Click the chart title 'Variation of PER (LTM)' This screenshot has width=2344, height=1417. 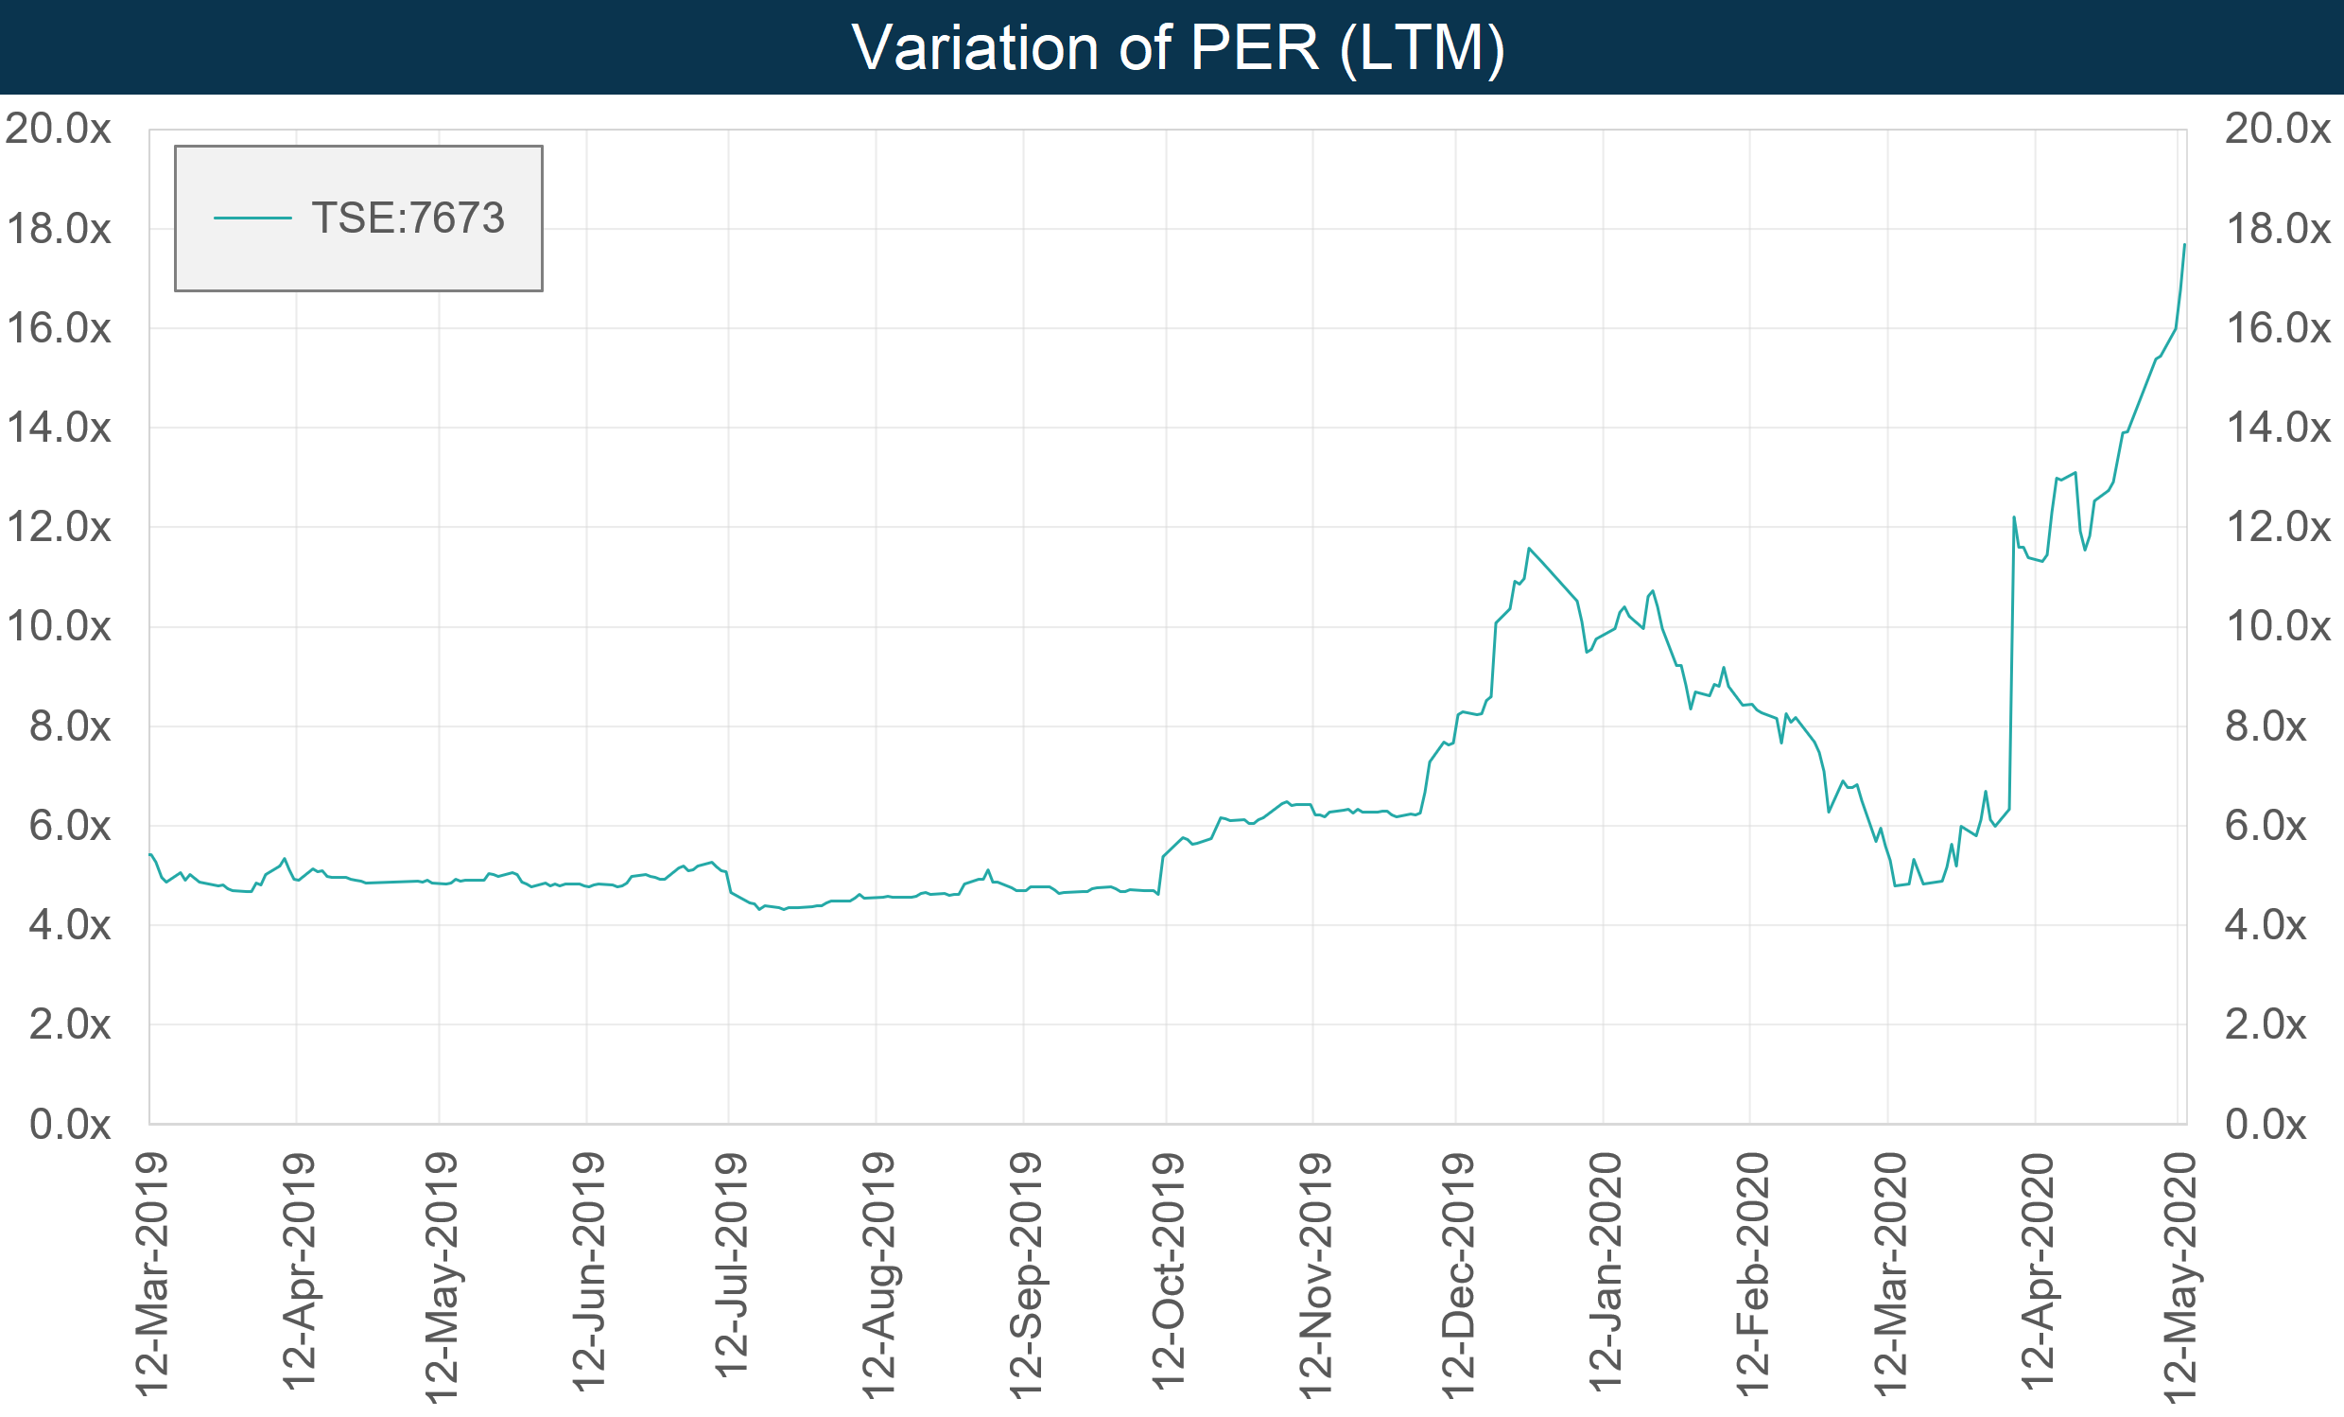[x=1178, y=47]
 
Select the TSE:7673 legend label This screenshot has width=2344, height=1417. [x=408, y=218]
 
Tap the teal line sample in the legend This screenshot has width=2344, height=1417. [x=252, y=218]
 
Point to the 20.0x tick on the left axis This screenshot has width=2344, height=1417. [x=58, y=129]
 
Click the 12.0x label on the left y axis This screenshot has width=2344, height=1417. [x=58, y=527]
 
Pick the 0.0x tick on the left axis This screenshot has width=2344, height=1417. [x=69, y=1125]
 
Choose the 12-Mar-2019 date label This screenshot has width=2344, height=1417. [x=152, y=1275]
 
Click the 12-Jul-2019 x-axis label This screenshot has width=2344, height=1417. [x=732, y=1266]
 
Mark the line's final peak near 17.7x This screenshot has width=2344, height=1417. [x=2184, y=246]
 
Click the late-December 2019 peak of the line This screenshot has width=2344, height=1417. [x=1529, y=548]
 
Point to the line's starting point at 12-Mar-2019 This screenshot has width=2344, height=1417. [x=150, y=853]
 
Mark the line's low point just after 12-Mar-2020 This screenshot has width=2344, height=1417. [x=1895, y=886]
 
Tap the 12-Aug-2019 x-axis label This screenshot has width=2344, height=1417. [x=878, y=1275]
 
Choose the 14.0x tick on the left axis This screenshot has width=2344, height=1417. [x=58, y=429]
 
